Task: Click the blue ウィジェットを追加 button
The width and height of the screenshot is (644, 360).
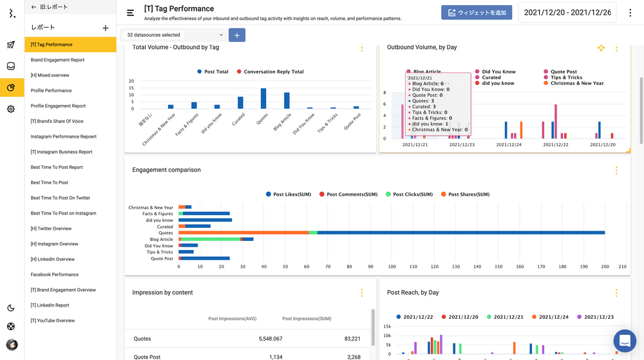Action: pos(477,12)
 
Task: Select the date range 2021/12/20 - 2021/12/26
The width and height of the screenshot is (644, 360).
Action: pos(567,12)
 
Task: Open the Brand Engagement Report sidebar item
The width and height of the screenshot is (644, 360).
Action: pos(57,60)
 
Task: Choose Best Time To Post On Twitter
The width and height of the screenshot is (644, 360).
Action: pos(61,198)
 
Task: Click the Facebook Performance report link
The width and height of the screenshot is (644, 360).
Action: pos(54,274)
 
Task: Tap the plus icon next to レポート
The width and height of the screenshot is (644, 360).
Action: pos(106,28)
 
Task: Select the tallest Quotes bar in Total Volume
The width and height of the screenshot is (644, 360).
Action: pos(263,99)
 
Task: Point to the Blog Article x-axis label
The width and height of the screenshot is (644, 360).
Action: pos(283,122)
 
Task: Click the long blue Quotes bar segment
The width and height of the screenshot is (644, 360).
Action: pos(460,232)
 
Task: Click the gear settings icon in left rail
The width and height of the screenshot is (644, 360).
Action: pos(11,109)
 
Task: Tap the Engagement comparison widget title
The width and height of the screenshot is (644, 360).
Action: pos(166,170)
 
